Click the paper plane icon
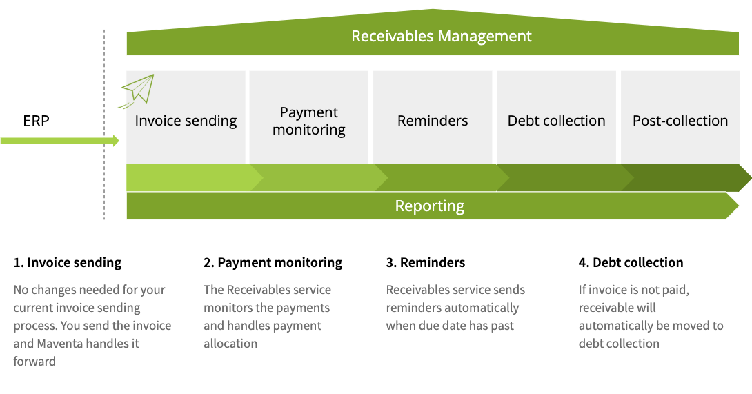pos(138,90)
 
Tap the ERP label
pos(36,121)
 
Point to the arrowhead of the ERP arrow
pos(115,141)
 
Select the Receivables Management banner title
pos(442,37)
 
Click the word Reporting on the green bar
pos(429,206)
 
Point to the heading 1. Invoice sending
pos(68,262)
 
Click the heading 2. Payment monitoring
pos(273,262)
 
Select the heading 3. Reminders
pos(426,262)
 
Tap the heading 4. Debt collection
pos(631,262)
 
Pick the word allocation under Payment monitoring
pos(230,344)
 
